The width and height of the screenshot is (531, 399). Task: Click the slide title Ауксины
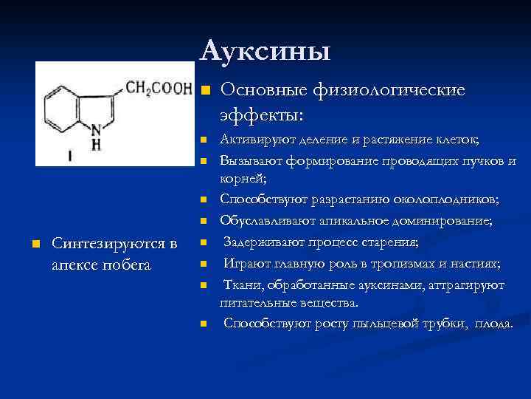click(x=265, y=50)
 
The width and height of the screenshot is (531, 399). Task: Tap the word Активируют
click(x=254, y=140)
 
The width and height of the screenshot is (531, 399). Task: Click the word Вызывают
click(x=249, y=160)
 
